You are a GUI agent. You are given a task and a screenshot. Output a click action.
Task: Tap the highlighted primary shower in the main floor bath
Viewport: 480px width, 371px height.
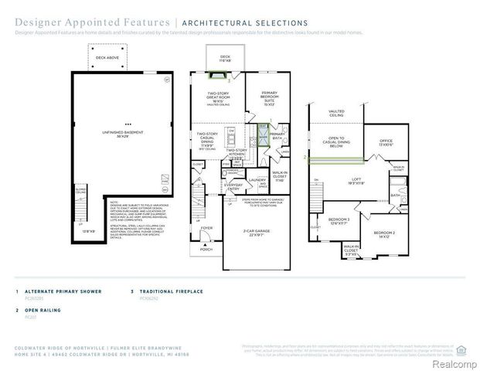[x=264, y=136]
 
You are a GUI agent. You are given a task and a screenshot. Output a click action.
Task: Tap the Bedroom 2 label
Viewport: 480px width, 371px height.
[x=384, y=233]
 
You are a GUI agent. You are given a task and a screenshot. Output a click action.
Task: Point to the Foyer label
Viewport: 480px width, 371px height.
[x=206, y=229]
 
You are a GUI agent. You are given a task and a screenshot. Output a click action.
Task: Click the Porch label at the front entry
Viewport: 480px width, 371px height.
[x=206, y=250]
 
